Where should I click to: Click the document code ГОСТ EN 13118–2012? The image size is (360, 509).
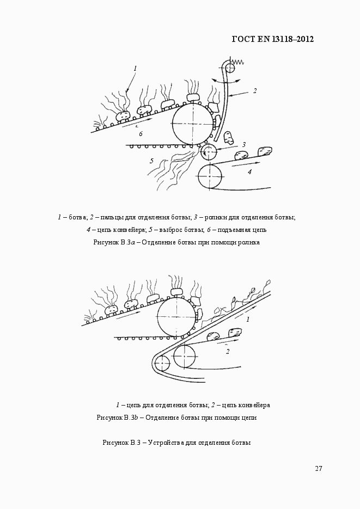(273, 39)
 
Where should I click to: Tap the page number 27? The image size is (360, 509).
(319, 468)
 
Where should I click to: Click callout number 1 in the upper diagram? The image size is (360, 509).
(136, 69)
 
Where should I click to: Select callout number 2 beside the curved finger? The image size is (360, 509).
(255, 91)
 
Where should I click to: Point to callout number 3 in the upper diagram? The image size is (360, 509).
(244, 145)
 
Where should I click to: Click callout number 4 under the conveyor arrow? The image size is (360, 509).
(249, 172)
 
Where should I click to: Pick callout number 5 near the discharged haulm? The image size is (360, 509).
(151, 161)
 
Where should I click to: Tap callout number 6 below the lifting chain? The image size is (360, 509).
(141, 134)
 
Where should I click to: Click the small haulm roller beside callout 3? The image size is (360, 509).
(209, 152)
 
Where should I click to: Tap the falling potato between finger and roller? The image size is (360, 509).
(229, 138)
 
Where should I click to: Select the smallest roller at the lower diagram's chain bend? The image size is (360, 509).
(162, 363)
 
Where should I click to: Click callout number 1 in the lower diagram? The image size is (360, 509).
(248, 320)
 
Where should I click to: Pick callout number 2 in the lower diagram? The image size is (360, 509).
(228, 351)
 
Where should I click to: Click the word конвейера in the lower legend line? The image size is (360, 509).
(254, 406)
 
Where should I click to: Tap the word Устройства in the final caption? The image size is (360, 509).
(166, 443)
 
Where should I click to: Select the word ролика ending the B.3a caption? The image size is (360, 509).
(249, 242)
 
